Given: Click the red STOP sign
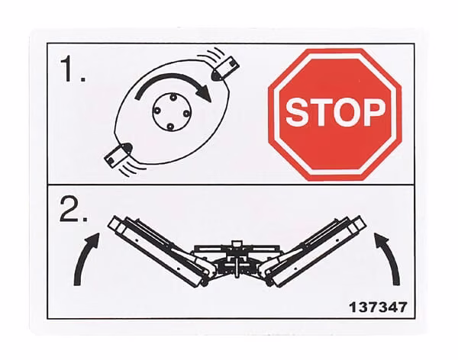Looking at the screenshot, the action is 335,114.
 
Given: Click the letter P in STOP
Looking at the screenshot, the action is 373,112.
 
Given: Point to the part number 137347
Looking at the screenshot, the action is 378,307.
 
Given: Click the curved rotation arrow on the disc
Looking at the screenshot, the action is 173,79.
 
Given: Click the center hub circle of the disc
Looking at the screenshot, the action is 171,111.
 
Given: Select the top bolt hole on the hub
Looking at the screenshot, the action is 173,96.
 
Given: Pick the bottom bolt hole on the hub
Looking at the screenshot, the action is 170,127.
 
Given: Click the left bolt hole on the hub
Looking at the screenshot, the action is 156,111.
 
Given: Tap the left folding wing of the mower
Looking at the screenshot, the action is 160,250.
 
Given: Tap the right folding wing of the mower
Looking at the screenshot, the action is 313,250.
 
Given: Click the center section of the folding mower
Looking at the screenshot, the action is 237,259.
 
